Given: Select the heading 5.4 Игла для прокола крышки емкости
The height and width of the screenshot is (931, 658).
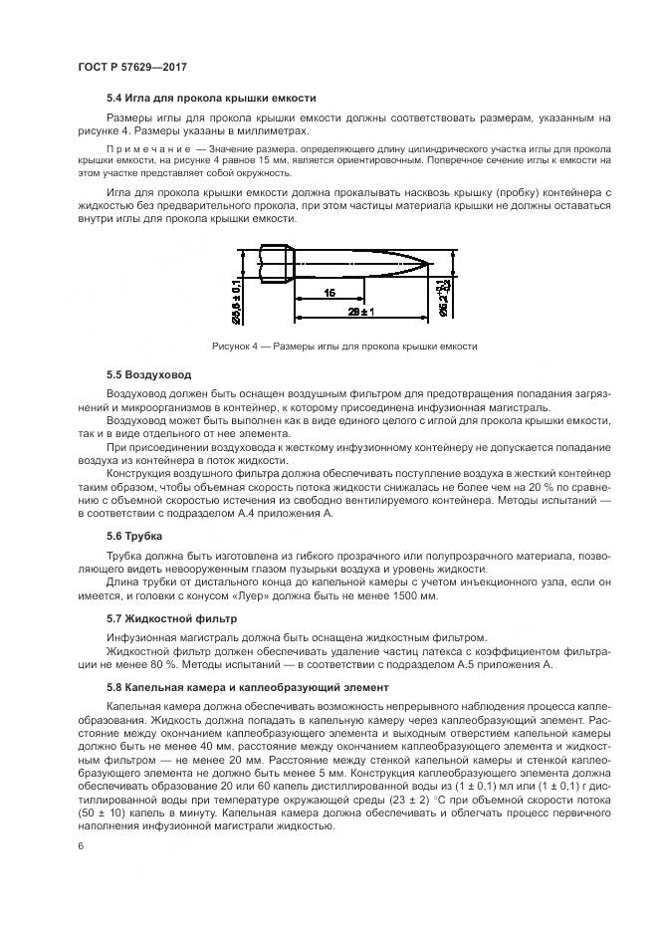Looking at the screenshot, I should tap(211, 99).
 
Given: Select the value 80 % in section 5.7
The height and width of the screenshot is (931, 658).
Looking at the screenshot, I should tap(154, 664).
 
